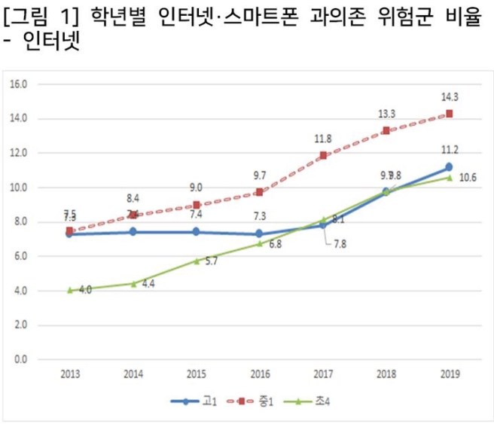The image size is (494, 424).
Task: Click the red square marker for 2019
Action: pyautogui.click(x=449, y=114)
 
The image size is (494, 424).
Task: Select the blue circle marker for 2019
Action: pyautogui.click(x=449, y=167)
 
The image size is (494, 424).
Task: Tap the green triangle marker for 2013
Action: pyautogui.click(x=70, y=290)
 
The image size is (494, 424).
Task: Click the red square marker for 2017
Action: pyautogui.click(x=323, y=156)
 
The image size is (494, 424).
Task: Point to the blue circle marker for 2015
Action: pyautogui.click(x=197, y=232)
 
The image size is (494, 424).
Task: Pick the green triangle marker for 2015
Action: pyautogui.click(x=197, y=261)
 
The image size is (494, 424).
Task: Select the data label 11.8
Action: pyautogui.click(x=322, y=139)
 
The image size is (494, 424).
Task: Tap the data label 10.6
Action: pyautogui.click(x=468, y=178)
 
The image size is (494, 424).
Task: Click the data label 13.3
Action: pyautogui.click(x=386, y=114)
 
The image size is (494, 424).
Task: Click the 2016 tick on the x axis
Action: pyautogui.click(x=260, y=373)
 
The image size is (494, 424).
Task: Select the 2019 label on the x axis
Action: pyautogui.click(x=449, y=373)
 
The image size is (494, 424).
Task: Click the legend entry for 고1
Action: pyautogui.click(x=191, y=401)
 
